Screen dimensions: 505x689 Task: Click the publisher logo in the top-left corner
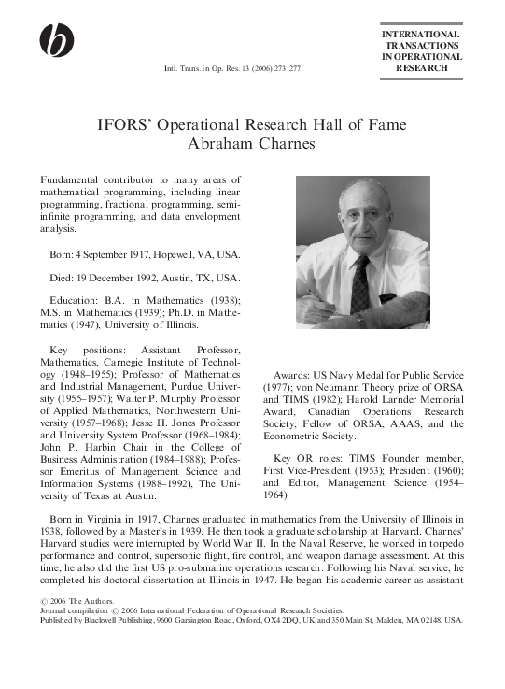pyautogui.click(x=55, y=39)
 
